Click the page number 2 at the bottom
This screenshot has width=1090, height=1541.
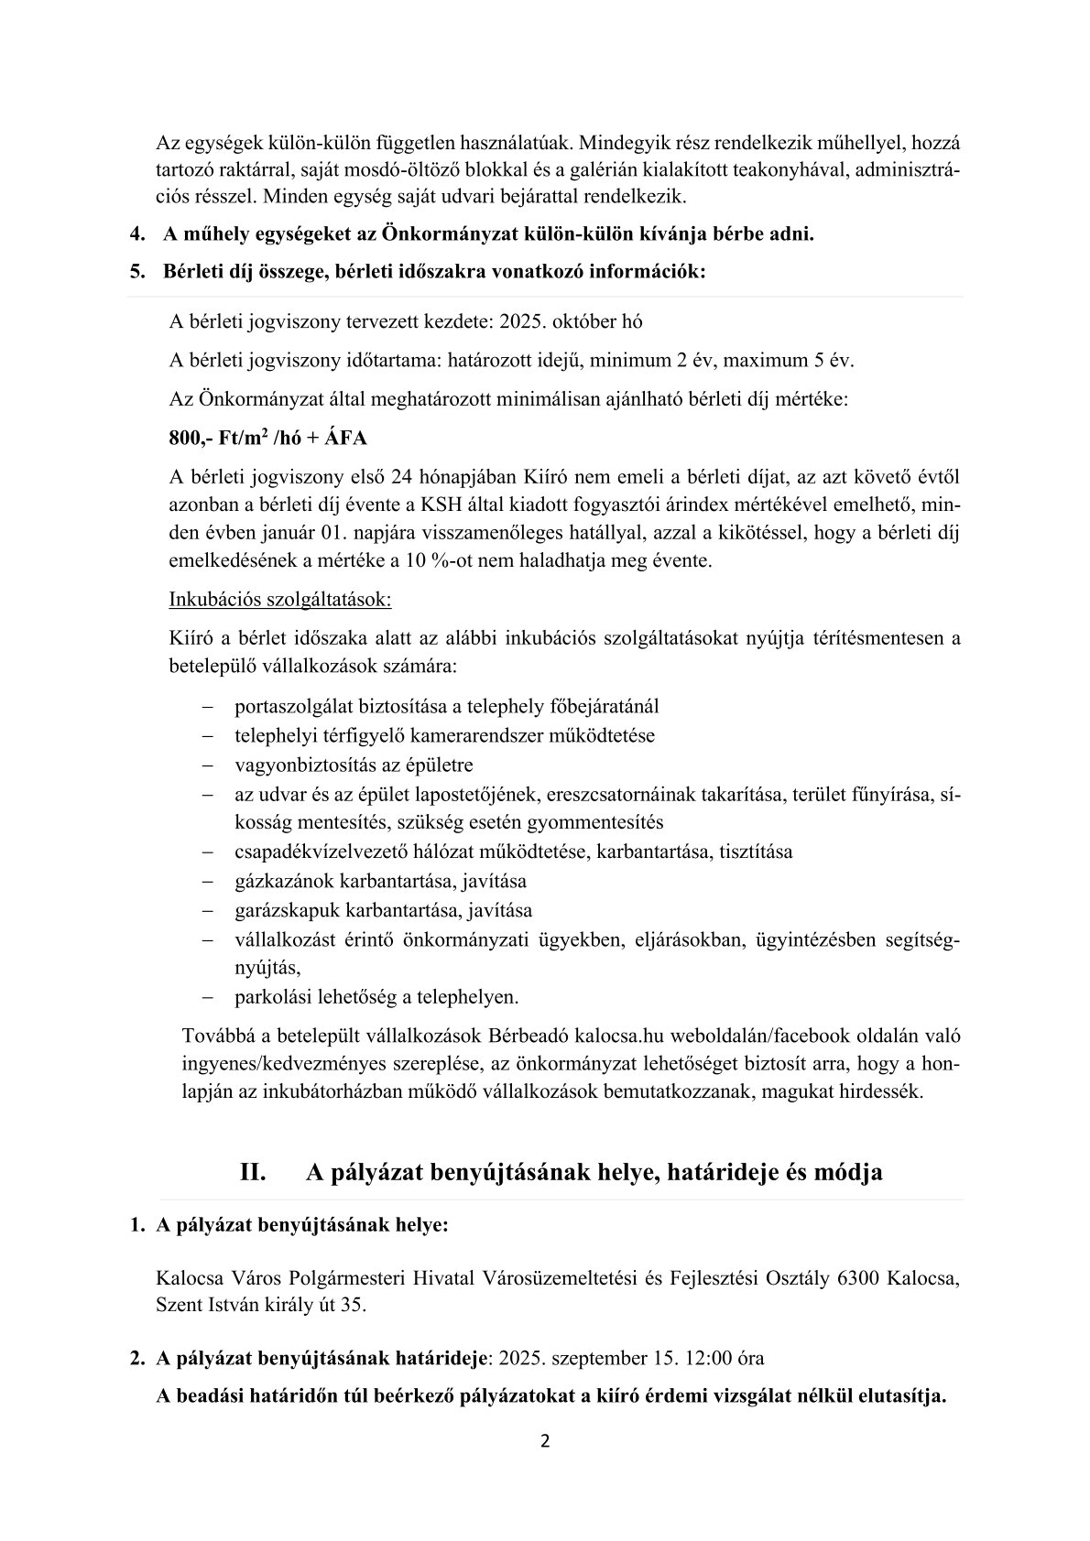click(545, 1441)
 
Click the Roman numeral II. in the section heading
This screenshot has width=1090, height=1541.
click(253, 1172)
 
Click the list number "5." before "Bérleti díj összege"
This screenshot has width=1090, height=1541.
click(138, 272)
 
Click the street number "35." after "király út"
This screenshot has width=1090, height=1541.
click(354, 1305)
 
